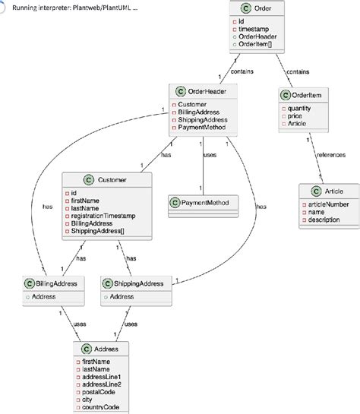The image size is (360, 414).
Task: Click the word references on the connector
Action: point(331,155)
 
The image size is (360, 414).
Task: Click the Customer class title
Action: point(112,180)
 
